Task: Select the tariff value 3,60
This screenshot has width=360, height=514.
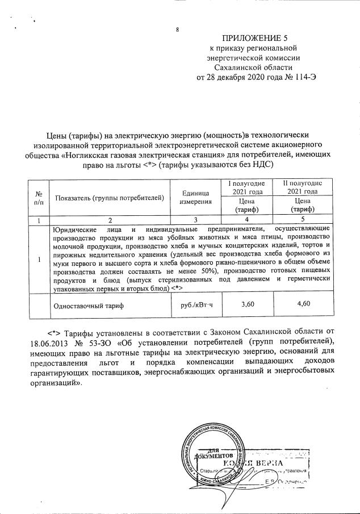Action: [x=248, y=304]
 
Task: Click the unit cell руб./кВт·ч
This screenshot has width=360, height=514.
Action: [x=195, y=305]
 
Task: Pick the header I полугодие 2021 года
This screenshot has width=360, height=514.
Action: [x=247, y=187]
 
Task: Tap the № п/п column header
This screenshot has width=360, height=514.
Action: [x=39, y=198]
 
